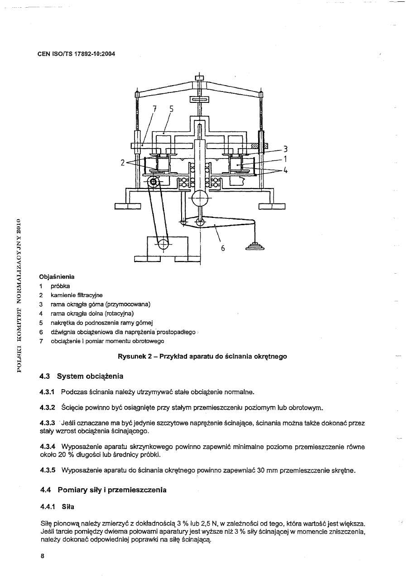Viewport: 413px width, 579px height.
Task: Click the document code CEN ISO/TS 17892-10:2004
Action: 76,54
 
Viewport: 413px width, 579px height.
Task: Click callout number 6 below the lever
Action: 222,249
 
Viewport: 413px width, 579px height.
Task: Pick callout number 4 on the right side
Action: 285,170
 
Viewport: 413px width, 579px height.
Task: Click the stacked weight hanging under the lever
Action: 255,246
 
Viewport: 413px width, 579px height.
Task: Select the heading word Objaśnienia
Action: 57,276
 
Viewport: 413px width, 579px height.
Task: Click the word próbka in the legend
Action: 60,286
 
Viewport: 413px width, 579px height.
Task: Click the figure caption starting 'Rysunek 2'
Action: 202,357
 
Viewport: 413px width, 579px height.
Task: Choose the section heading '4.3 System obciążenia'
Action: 82,376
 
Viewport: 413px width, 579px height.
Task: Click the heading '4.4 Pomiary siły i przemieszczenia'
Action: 103,490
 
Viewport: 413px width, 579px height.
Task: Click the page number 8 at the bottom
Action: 42,558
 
